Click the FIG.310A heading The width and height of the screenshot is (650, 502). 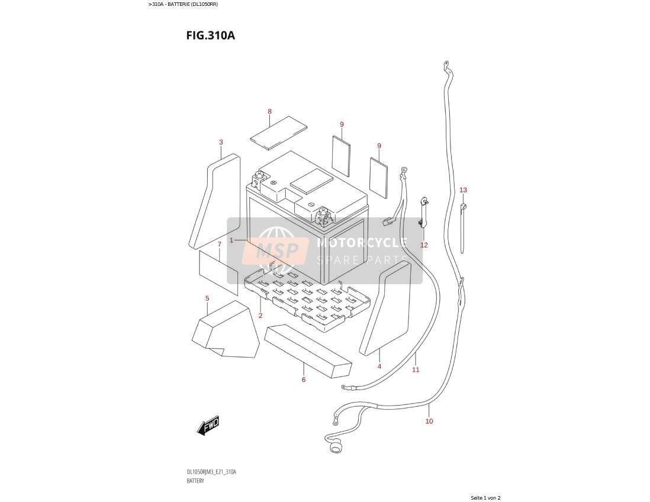click(211, 36)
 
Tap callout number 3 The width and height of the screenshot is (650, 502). click(221, 142)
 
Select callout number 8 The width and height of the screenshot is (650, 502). click(269, 111)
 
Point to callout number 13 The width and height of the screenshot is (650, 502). click(463, 190)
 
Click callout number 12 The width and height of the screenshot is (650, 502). click(424, 245)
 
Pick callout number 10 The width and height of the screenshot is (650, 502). click(429, 421)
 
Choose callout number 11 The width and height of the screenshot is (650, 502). click(416, 370)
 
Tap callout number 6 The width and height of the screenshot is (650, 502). click(304, 379)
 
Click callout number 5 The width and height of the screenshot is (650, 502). click(207, 298)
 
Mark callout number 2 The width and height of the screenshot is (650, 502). click(260, 316)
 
